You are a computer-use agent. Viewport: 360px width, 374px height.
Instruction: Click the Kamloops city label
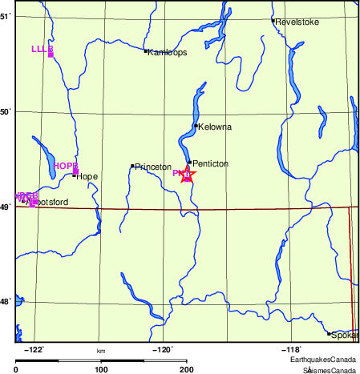pos(168,52)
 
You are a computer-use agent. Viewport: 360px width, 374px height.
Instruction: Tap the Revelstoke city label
pos(297,22)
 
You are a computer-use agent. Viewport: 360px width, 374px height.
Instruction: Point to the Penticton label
pos(211,163)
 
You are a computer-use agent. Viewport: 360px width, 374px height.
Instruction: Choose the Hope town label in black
pos(87,176)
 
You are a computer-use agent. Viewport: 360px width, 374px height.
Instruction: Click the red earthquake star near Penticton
pos(187,175)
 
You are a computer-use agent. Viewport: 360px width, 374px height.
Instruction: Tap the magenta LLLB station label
pos(42,49)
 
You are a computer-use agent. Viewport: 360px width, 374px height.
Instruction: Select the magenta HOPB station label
pos(65,166)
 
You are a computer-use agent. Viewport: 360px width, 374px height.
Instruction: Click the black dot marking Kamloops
pos(146,51)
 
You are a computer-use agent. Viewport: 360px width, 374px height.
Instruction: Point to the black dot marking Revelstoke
pos(273,21)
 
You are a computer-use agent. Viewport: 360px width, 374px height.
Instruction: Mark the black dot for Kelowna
pos(196,126)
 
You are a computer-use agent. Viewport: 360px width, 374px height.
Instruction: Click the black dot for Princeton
pos(132,166)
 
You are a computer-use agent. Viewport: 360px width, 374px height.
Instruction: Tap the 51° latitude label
pos(6,16)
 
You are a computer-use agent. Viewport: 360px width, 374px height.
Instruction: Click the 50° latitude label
pos(6,111)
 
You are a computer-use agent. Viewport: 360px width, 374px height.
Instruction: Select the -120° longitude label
pos(163,349)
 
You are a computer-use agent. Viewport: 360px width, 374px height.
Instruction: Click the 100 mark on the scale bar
pos(102,370)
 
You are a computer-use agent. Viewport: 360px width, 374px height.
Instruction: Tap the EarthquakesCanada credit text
pos(330,360)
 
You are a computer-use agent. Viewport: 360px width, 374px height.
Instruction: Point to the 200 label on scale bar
pos(187,370)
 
